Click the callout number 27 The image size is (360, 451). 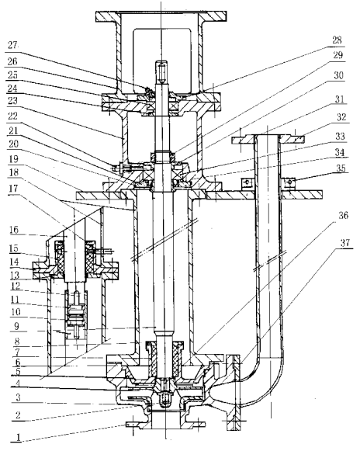12,46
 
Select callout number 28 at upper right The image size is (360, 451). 337,40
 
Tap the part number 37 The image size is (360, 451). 345,243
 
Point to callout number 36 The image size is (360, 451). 344,215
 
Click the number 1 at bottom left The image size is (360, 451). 18,437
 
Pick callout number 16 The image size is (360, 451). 14,230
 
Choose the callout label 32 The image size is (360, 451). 341,117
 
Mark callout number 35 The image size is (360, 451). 341,168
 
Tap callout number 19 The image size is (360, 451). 13,159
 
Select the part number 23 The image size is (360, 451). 12,101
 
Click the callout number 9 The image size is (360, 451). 16,327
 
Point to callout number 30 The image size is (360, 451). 339,75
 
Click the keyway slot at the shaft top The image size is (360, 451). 162,71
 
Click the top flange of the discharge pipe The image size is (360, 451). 268,140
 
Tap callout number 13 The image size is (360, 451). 15,276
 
